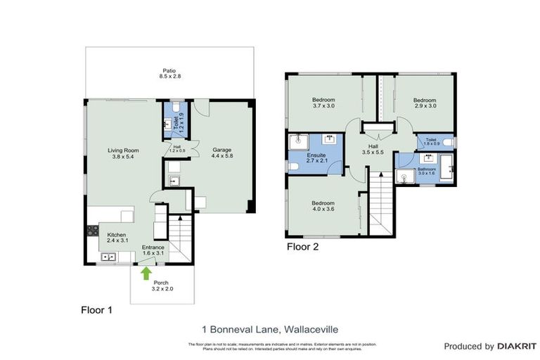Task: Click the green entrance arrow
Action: (x=146, y=271)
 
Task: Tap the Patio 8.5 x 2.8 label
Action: (x=169, y=74)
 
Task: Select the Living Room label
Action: (x=121, y=153)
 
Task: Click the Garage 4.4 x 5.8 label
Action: (x=222, y=153)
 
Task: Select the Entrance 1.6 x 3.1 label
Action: (x=153, y=251)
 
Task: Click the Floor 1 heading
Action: (x=96, y=309)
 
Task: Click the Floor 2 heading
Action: (x=302, y=247)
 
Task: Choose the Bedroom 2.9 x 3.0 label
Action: (x=424, y=103)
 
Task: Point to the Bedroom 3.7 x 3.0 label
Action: (x=323, y=103)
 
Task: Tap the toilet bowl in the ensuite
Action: (x=293, y=166)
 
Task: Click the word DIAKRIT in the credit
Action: (x=517, y=346)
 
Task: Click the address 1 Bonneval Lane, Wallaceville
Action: (x=269, y=328)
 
